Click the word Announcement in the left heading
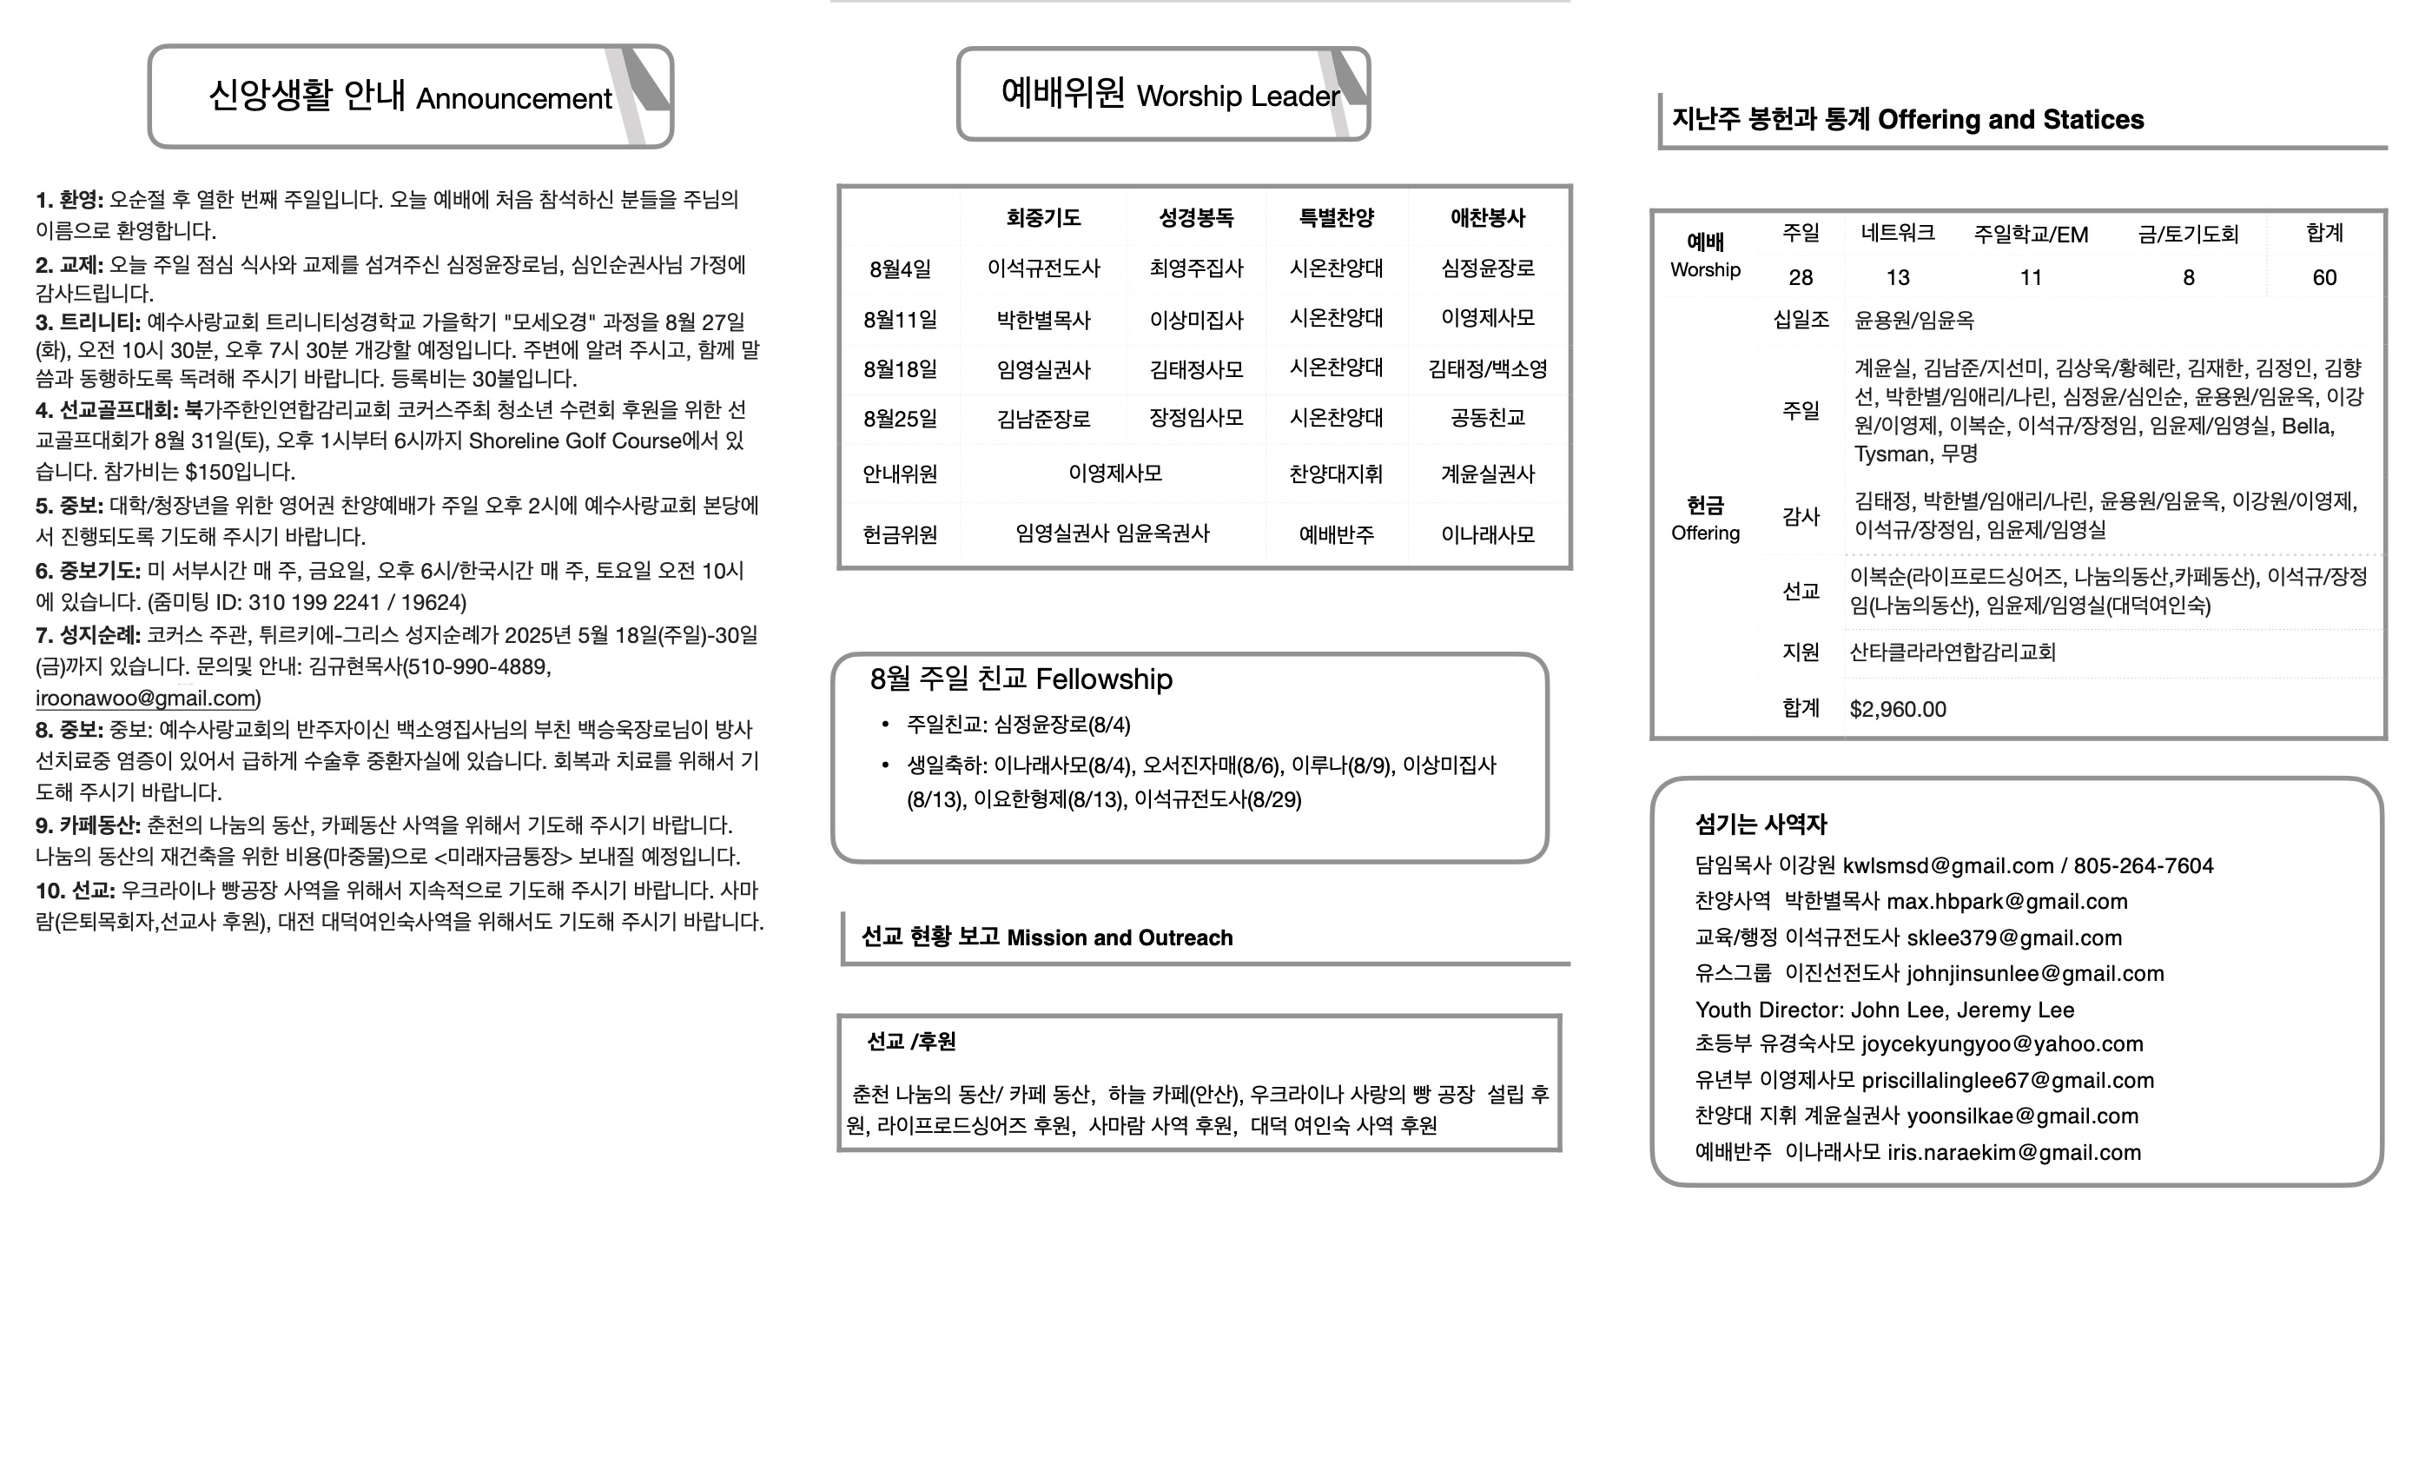pos(513,99)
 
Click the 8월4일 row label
pos(899,269)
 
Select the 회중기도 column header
pos(1043,218)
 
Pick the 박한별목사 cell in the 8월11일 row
pos(1043,320)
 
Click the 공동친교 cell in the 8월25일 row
pos(1487,419)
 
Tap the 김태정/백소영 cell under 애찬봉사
pos(1487,369)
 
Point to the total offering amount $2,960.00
pos(1897,710)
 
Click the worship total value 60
pos(2324,278)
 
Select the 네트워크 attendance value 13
pos(1897,278)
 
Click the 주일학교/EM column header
pos(2031,235)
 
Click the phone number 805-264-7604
pos(2143,867)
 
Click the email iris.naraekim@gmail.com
pos(2013,1153)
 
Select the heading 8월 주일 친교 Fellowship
pos(1021,679)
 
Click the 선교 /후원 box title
pos(910,1042)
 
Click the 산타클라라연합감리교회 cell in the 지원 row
pos(1953,652)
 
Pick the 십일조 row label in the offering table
pos(1801,320)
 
